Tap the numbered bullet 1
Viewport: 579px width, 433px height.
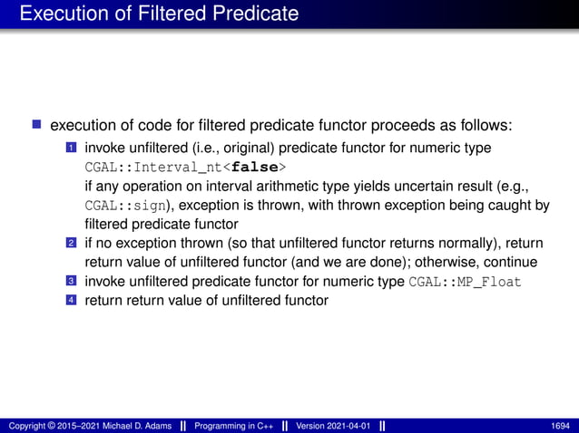tap(71, 148)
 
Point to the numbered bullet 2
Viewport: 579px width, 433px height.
tap(71, 244)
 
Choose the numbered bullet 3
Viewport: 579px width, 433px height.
tap(71, 282)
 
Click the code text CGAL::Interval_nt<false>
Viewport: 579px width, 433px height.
tap(185, 168)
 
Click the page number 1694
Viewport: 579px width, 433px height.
tap(560, 425)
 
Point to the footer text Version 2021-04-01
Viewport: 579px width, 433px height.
tap(333, 425)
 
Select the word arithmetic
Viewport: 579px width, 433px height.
tap(280, 186)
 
